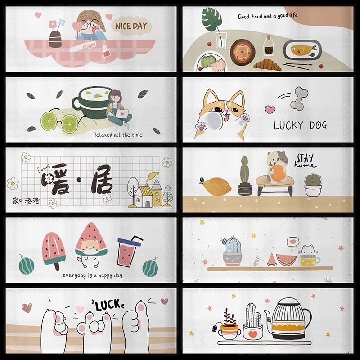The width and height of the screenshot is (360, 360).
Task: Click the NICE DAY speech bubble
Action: coord(131,26)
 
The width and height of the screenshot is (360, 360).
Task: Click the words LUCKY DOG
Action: coord(300,125)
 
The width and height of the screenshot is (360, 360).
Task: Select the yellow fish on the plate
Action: coord(300,48)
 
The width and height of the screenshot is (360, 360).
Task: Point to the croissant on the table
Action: coord(268,65)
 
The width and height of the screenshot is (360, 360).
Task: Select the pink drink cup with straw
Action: coord(127,254)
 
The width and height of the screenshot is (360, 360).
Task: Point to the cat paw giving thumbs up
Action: coord(141,324)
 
